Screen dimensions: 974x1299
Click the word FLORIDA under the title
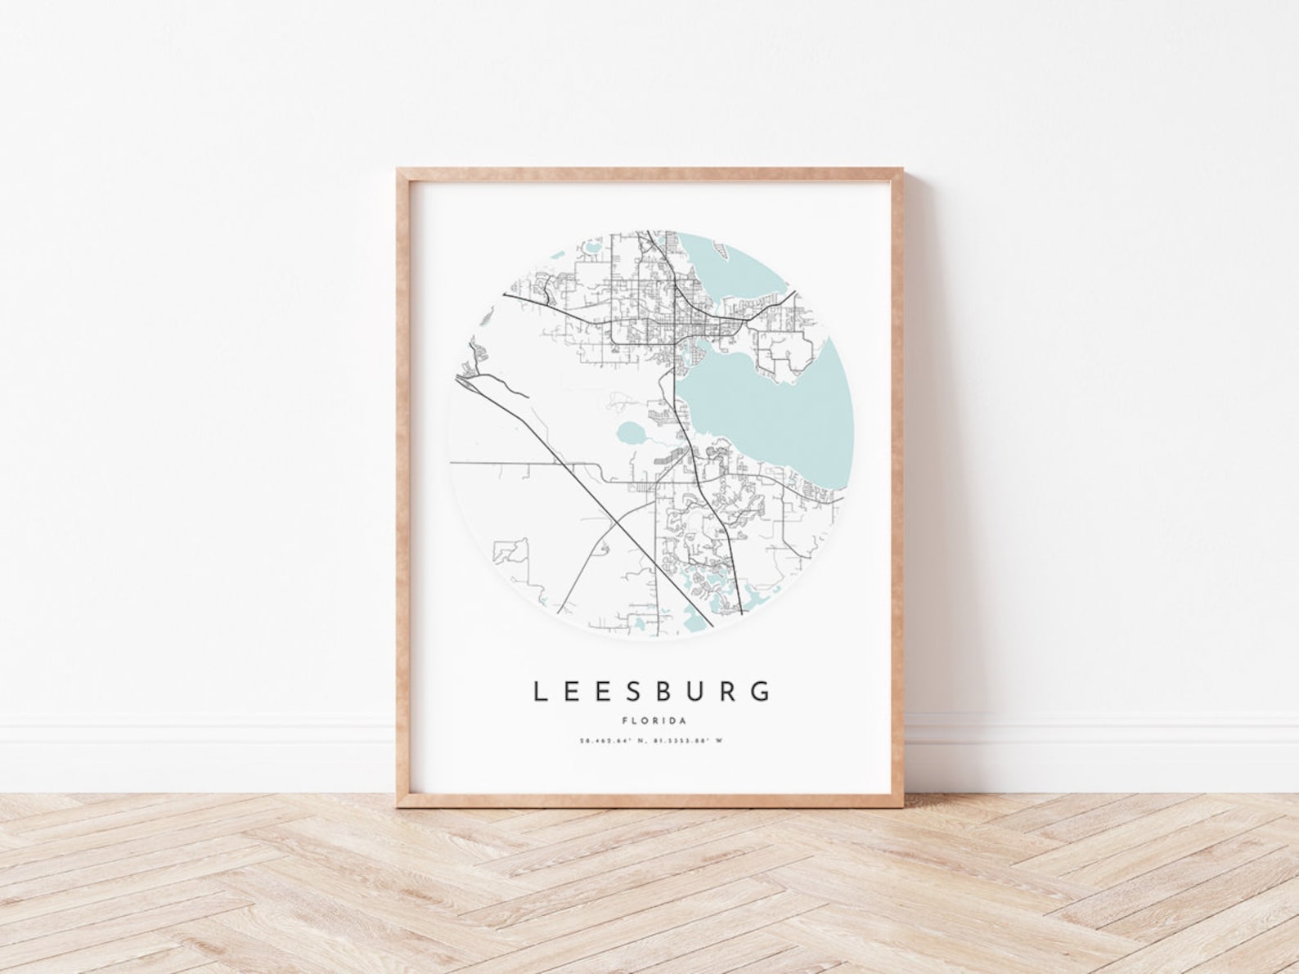pos(651,720)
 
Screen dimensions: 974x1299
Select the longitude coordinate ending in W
pos(687,741)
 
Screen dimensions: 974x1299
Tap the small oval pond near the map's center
pos(632,431)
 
